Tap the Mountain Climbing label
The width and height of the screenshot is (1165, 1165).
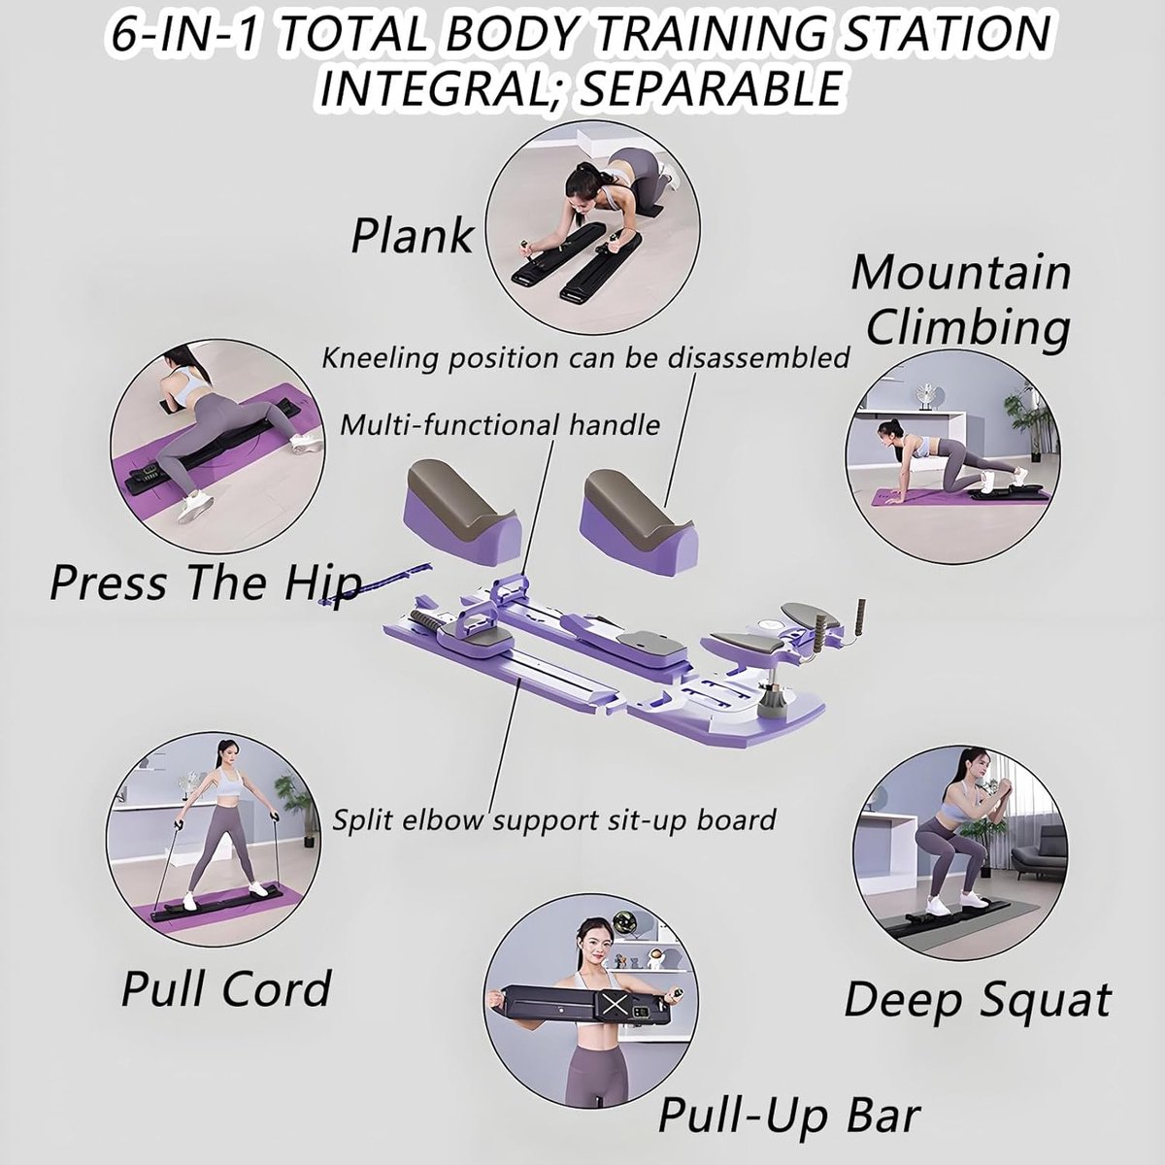(x=961, y=300)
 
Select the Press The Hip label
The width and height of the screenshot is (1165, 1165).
(x=206, y=582)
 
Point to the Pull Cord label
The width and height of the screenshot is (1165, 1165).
(x=226, y=989)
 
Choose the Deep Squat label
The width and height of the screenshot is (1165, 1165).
(x=977, y=1002)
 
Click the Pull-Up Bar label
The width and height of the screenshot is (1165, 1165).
(x=789, y=1115)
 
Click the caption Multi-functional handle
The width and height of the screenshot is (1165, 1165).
(x=499, y=425)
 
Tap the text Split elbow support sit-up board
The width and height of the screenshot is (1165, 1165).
(x=554, y=820)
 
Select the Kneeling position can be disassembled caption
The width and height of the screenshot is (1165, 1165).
(x=585, y=358)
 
